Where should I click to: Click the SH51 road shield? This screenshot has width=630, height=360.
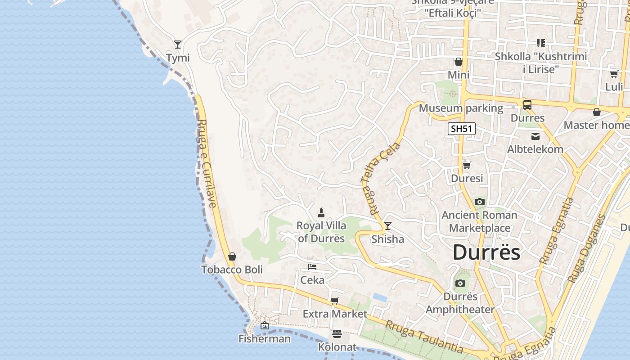point(462,129)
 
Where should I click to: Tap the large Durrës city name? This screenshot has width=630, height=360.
point(486,252)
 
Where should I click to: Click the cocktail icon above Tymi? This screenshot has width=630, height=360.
point(178,44)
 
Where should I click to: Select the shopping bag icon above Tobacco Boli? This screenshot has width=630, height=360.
point(232,256)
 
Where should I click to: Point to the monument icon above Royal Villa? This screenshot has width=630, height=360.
point(321,212)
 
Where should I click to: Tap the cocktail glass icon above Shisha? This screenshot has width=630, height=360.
point(387,226)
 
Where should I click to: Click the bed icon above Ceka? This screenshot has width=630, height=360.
point(312,267)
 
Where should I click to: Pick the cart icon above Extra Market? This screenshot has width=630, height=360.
point(334,301)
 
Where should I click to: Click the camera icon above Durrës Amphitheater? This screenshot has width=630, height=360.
point(460,283)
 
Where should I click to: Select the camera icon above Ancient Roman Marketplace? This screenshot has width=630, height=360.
point(480,202)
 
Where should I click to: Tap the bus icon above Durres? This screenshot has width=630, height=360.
point(527,105)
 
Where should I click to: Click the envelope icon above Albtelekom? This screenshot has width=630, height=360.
point(535,136)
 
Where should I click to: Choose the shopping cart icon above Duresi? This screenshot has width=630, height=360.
point(467,165)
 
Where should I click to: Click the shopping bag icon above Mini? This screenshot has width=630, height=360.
point(459,62)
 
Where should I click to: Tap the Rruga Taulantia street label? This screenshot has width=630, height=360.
point(424,336)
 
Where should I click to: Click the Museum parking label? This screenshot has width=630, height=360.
point(461,108)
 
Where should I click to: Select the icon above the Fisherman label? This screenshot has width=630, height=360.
point(265,325)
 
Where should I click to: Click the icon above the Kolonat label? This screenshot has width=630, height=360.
point(337,334)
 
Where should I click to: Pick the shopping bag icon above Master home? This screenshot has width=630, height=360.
point(597,112)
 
